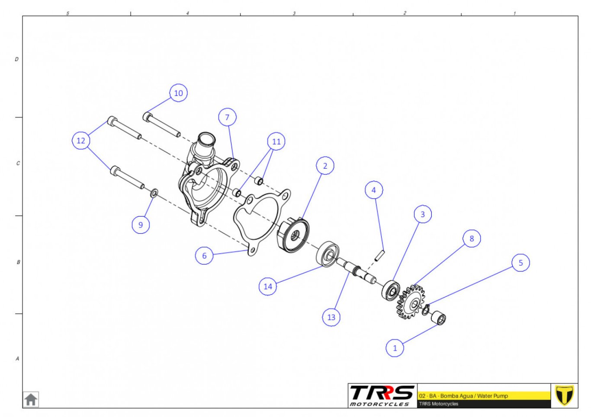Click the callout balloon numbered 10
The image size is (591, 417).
(178, 93)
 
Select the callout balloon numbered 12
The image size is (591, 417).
(81, 140)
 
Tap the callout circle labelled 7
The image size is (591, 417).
(227, 117)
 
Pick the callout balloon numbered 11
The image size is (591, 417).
(276, 142)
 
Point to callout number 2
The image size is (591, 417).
(325, 166)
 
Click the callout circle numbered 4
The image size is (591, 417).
(374, 190)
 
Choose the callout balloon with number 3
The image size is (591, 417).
(423, 214)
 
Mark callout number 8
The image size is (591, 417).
(472, 239)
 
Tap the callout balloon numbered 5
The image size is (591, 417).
(520, 263)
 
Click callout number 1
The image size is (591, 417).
(395, 348)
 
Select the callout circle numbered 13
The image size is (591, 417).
(331, 317)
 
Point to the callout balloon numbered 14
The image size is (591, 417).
(268, 286)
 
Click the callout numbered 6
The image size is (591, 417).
(204, 255)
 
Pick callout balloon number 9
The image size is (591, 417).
(141, 225)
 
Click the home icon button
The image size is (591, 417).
(31, 400)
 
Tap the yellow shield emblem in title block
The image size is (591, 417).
(564, 395)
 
